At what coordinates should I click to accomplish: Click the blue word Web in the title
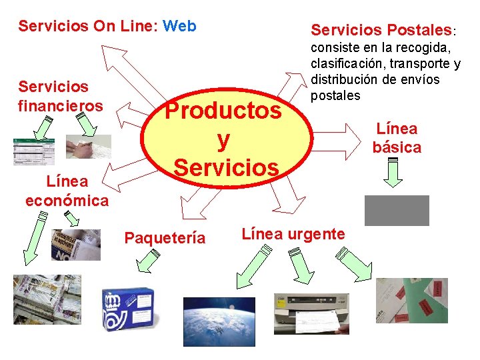(179, 26)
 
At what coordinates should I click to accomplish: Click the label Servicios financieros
(61, 96)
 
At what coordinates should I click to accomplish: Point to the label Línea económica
(67, 190)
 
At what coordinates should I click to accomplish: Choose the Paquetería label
(165, 238)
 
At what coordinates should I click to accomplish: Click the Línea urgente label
(293, 234)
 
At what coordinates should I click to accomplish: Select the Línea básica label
(397, 138)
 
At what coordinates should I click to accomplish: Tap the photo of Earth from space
(219, 321)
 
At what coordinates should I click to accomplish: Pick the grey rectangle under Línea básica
(397, 211)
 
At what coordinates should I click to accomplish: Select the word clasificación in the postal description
(349, 64)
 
